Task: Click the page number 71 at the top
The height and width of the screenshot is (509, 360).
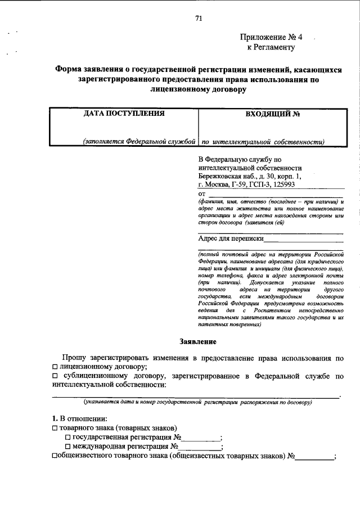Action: coord(199,18)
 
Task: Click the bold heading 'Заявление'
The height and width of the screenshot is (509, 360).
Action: coord(197,341)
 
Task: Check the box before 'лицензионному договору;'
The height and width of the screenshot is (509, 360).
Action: coord(55,366)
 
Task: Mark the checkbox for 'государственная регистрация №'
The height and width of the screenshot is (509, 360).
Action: coord(68,438)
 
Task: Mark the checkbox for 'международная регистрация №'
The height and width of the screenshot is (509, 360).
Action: coord(68,447)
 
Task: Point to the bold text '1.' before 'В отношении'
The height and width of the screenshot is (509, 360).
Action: coord(55,418)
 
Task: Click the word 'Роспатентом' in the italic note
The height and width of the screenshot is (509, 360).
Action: coord(264,310)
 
